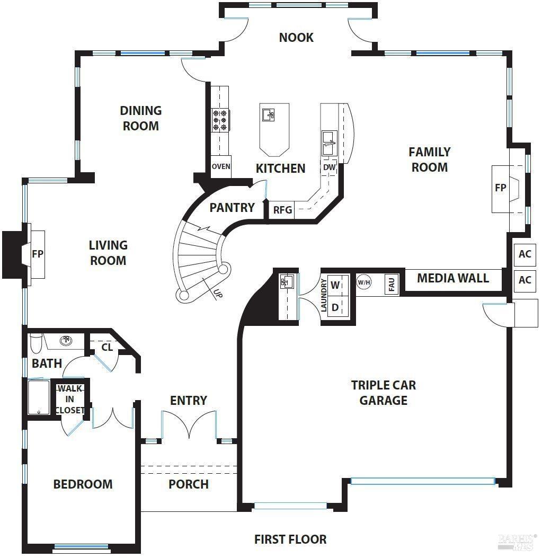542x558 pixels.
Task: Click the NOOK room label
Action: [296, 38]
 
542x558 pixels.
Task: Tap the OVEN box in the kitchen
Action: [221, 166]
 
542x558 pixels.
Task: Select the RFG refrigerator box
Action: [282, 210]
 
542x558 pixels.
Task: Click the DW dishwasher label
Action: [330, 167]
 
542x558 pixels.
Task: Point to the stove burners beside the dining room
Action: [219, 120]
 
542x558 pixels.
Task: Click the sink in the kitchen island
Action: [269, 114]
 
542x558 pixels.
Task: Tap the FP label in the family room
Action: [500, 188]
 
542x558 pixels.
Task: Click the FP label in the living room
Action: [38, 254]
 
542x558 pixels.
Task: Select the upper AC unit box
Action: [525, 254]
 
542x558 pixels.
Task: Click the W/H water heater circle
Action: [364, 282]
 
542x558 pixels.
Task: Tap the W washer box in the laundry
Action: [335, 285]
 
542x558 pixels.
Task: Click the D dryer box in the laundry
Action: [335, 307]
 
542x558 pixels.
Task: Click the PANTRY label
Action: [232, 208]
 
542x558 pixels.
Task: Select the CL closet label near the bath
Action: [107, 348]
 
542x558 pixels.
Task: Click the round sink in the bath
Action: [66, 340]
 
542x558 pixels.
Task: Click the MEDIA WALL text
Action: [452, 278]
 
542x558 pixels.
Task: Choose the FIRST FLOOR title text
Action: [290, 539]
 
